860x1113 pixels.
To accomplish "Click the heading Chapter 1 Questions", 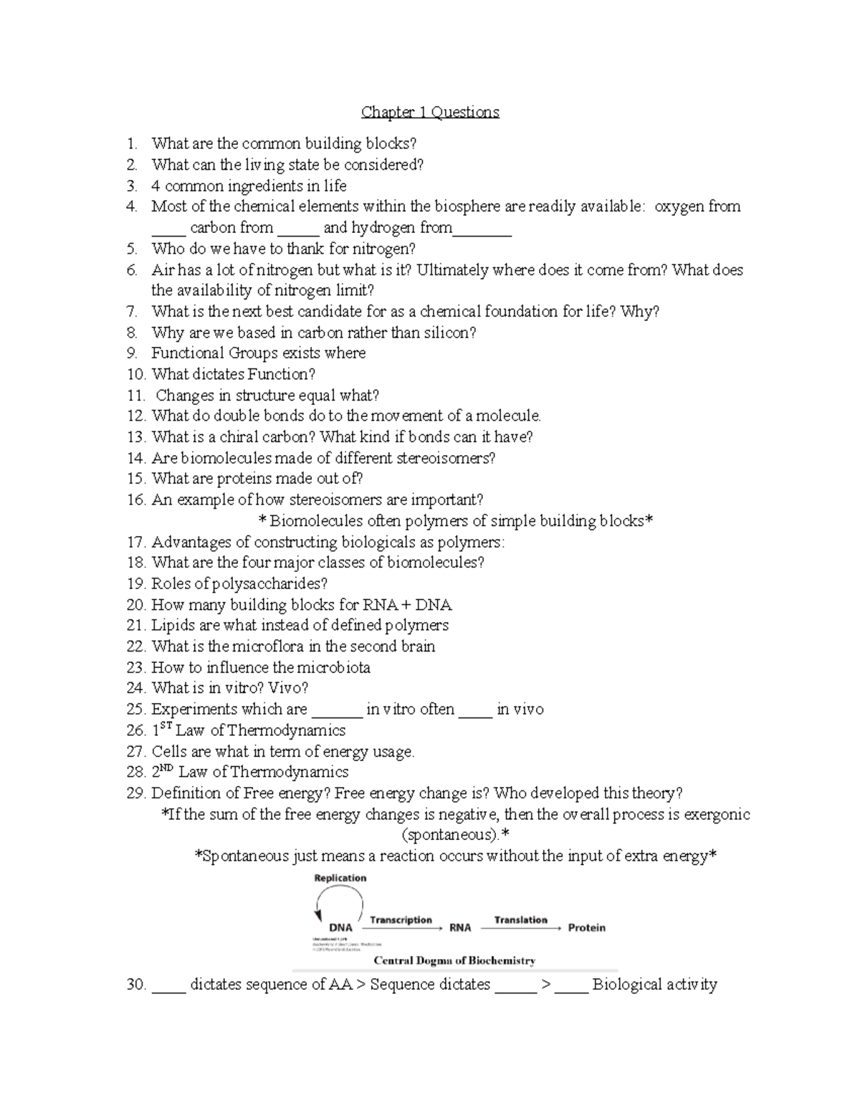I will click(x=430, y=112).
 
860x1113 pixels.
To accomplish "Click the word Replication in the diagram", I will click(x=340, y=878).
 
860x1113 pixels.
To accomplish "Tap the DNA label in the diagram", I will click(x=340, y=927).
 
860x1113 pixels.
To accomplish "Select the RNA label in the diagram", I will click(x=460, y=927).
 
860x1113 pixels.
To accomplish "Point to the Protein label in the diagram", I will click(x=586, y=927).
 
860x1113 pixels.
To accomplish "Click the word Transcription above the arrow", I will click(x=401, y=919).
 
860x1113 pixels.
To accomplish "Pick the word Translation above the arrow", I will click(x=520, y=919).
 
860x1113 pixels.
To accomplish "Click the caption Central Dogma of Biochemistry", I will click(x=454, y=960).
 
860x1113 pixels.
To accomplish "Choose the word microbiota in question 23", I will click(x=334, y=668).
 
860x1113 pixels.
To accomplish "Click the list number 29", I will click(x=135, y=793).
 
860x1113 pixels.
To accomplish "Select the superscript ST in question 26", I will click(x=166, y=726).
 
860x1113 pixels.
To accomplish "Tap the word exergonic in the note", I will click(x=717, y=815).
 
